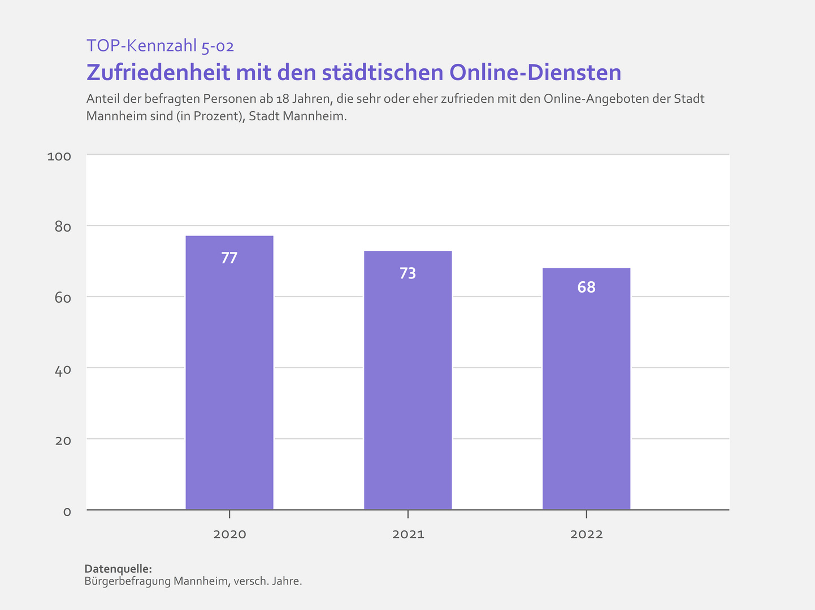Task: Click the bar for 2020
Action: click(229, 373)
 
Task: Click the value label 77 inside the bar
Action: click(229, 258)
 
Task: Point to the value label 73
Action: click(407, 273)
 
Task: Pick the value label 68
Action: click(586, 287)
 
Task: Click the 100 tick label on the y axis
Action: click(59, 156)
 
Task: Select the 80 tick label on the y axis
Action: click(63, 227)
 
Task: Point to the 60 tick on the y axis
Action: click(63, 298)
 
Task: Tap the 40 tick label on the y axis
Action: click(63, 369)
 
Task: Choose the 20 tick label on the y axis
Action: click(63, 441)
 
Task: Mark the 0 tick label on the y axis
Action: click(67, 512)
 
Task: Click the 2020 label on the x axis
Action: click(229, 534)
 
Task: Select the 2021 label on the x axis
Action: click(408, 534)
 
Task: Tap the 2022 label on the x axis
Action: click(587, 534)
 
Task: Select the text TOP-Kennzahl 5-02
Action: click(160, 46)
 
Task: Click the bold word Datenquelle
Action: click(118, 569)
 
